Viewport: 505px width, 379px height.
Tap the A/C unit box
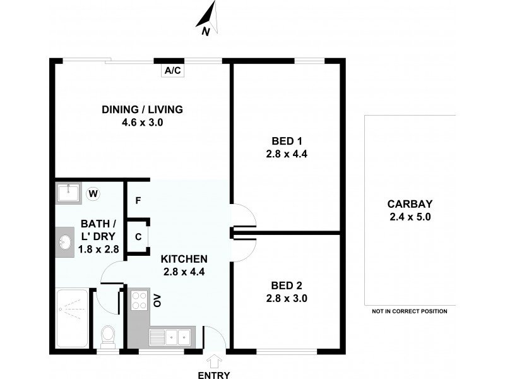tap(172, 71)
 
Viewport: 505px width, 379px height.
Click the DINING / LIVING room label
tap(142, 110)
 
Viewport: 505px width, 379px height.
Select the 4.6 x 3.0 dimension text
tap(142, 123)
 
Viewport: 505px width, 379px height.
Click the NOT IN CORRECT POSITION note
tap(409, 311)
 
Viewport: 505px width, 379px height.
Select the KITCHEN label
tap(184, 259)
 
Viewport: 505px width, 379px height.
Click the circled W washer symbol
tap(93, 193)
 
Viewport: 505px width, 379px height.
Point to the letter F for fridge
tap(138, 201)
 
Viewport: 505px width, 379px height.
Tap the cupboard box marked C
tap(138, 238)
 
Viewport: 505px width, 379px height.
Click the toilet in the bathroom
tap(109, 335)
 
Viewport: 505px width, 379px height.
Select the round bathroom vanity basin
tap(66, 242)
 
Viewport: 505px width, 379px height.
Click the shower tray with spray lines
tap(71, 318)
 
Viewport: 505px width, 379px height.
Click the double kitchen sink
tap(171, 337)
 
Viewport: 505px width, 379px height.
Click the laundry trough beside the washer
tap(68, 193)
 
